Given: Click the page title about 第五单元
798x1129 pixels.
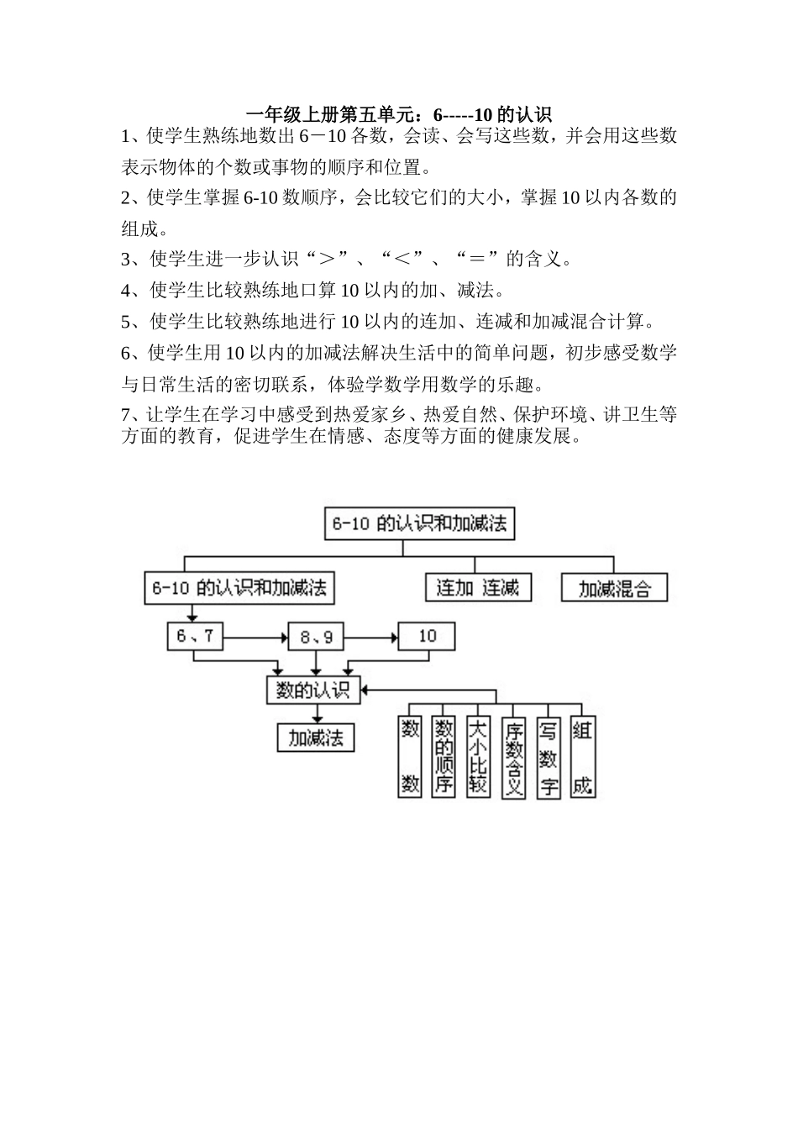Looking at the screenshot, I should pyautogui.click(x=399, y=114).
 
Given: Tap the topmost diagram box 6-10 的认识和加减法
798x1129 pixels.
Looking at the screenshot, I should pyautogui.click(x=419, y=524).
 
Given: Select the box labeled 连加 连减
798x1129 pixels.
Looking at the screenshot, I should pyautogui.click(x=478, y=588).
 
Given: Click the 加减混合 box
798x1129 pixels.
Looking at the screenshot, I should pyautogui.click(x=614, y=588).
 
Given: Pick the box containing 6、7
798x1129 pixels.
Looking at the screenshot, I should pyautogui.click(x=195, y=637).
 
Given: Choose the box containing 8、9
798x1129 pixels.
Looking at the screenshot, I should pyautogui.click(x=317, y=637).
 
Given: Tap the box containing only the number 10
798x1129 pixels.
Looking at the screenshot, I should pyautogui.click(x=427, y=637).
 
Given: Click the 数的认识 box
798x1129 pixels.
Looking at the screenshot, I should pyautogui.click(x=312, y=690).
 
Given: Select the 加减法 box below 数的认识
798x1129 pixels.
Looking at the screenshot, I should pyautogui.click(x=316, y=738).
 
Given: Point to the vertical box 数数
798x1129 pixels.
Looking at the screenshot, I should pyautogui.click(x=410, y=756).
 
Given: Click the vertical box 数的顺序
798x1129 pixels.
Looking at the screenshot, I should pyautogui.click(x=444, y=756).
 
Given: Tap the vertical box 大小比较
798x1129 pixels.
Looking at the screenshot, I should pyautogui.click(x=478, y=756).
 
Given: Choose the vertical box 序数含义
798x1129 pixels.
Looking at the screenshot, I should pyautogui.click(x=513, y=756).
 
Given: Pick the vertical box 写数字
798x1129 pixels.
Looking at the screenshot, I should pyautogui.click(x=549, y=756).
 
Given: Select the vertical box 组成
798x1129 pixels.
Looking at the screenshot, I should pyautogui.click(x=583, y=756).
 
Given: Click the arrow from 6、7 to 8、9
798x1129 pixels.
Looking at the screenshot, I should pyautogui.click(x=255, y=638).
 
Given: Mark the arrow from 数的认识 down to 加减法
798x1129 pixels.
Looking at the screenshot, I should pyautogui.click(x=317, y=713).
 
